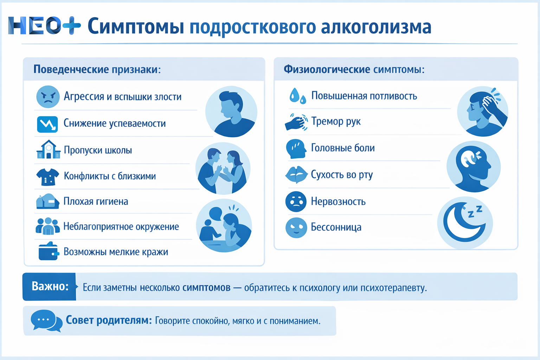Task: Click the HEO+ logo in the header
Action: tap(44, 26)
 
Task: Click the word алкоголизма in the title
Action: tap(376, 27)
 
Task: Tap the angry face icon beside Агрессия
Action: tap(48, 97)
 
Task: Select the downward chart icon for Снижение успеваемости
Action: tap(47, 124)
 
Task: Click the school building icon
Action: tap(48, 150)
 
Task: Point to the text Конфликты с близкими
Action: tap(110, 176)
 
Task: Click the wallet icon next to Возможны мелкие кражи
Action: tap(48, 251)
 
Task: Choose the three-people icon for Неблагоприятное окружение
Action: tap(47, 226)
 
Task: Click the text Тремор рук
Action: tap(336, 122)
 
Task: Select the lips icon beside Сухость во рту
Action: tap(296, 175)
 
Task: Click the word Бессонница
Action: tap(336, 227)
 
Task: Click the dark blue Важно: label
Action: tap(50, 287)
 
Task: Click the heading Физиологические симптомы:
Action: tap(354, 69)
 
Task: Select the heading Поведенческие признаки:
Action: tap(97, 69)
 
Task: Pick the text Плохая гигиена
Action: tap(96, 201)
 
